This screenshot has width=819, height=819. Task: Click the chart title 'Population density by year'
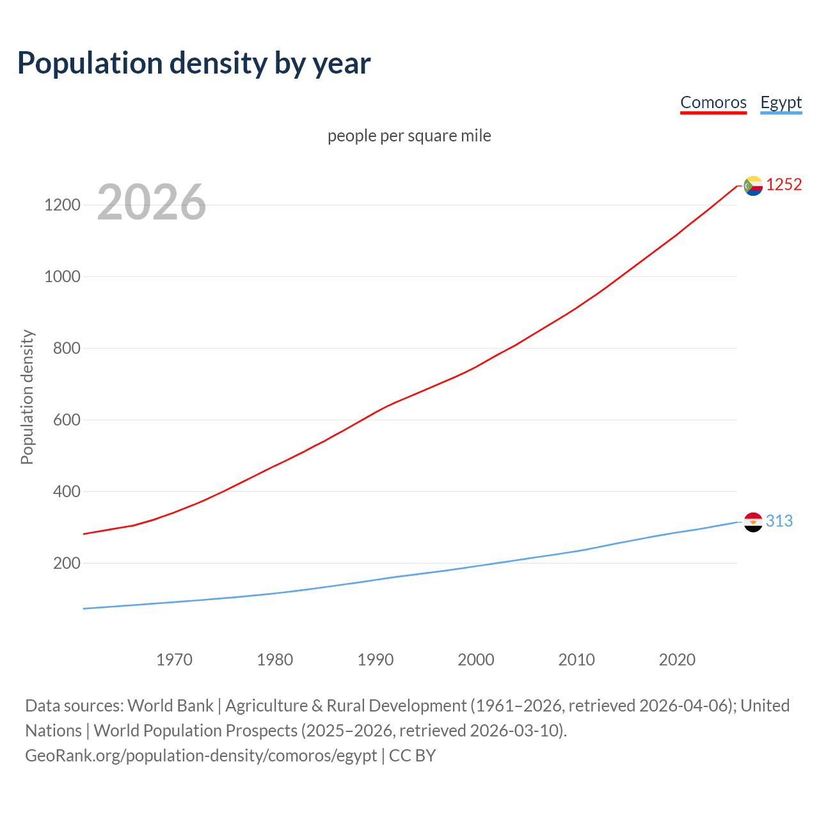point(194,63)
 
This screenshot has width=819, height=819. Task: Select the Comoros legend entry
point(713,102)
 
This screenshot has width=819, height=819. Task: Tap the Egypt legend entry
point(781,102)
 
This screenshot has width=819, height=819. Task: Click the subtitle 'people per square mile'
point(409,136)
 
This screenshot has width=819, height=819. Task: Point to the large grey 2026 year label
point(152,202)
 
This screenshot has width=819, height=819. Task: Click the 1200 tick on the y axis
point(62,205)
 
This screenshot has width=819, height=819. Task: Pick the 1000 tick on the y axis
point(62,277)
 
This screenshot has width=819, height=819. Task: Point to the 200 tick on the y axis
point(67,564)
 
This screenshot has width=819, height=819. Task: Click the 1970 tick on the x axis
point(174,660)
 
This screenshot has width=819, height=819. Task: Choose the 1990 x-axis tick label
point(376,660)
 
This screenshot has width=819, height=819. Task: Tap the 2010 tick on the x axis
point(576,660)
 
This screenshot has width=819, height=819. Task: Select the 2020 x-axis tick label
point(677,660)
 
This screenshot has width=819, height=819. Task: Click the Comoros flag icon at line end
point(753,186)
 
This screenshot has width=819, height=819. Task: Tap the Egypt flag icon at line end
point(753,522)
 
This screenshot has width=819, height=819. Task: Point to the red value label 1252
point(784,185)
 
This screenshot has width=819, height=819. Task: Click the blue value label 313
point(779,521)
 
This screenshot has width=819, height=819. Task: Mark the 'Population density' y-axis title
point(27,397)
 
